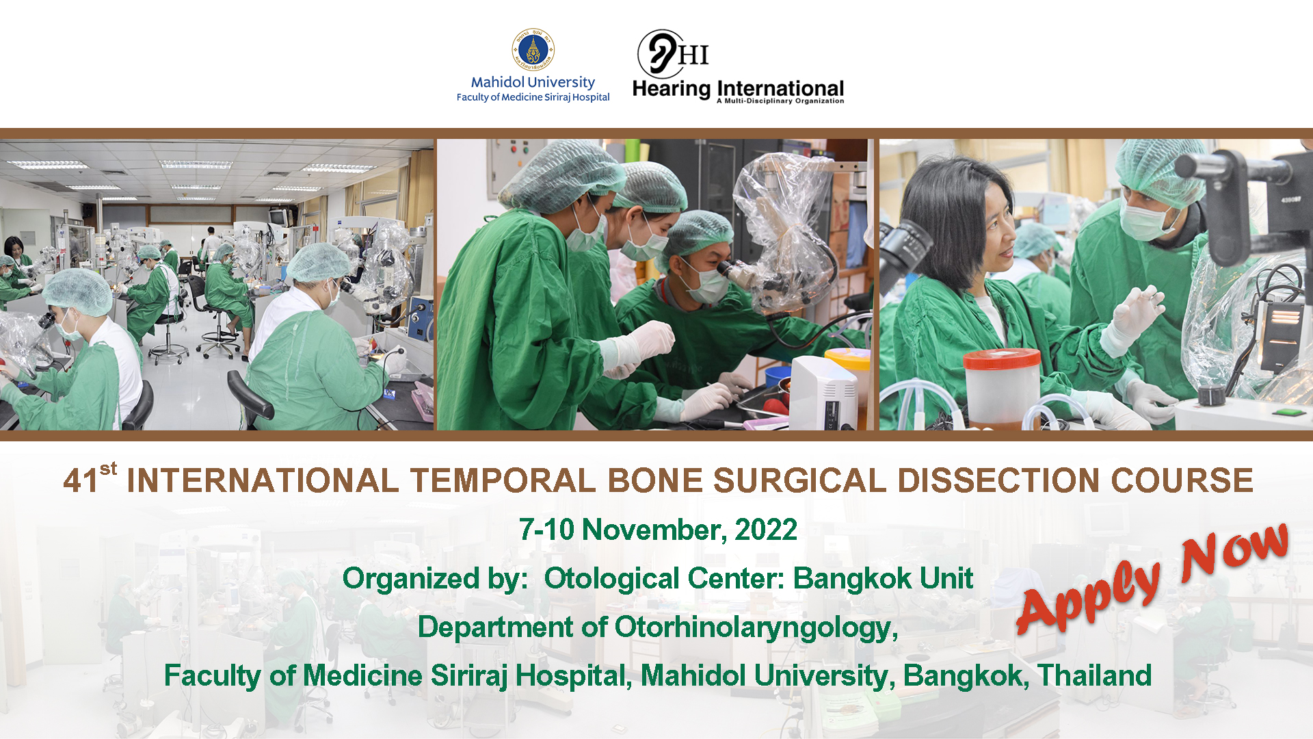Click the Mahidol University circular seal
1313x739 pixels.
(533, 49)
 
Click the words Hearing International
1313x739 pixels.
(738, 89)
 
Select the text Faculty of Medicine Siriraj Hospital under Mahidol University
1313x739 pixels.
(533, 97)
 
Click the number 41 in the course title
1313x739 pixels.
(81, 480)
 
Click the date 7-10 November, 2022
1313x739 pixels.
(658, 530)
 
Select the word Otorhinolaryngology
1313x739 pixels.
(756, 627)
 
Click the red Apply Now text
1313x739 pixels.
(1153, 579)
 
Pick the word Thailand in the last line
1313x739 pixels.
(1094, 675)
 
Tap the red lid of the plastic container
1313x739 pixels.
(1001, 359)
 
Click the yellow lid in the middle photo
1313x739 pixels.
(847, 356)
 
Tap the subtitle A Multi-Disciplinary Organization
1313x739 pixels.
(780, 101)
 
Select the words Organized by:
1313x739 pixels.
(435, 579)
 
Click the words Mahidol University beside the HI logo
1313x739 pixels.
(533, 82)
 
